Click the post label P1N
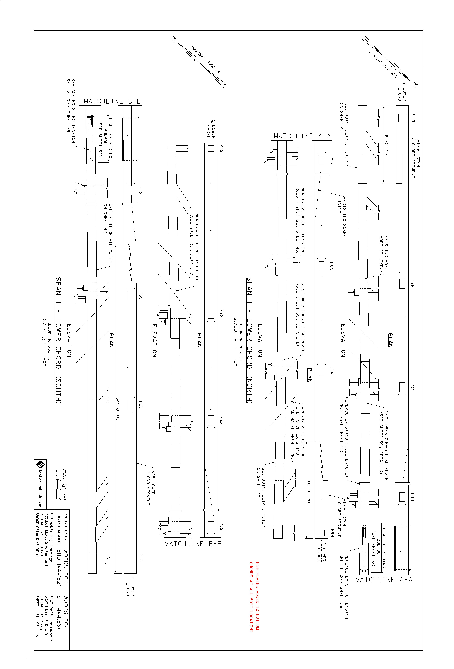point(413,118)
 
